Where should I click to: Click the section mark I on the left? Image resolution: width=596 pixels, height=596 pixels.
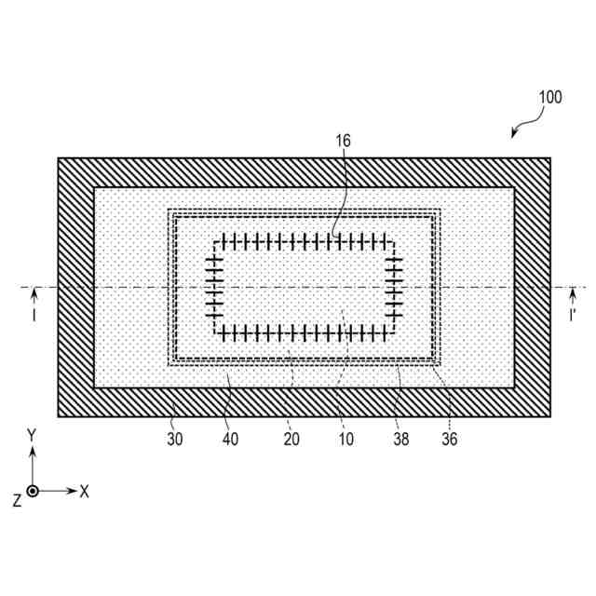[34, 317]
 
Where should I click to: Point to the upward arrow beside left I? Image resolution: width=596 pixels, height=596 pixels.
[34, 295]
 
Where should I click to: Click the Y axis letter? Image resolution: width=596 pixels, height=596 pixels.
[33, 436]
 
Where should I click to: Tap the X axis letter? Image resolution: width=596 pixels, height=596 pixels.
[85, 491]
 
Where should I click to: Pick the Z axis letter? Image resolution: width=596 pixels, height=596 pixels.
[16, 500]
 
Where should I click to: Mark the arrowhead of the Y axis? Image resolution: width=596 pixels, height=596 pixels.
[33, 451]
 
